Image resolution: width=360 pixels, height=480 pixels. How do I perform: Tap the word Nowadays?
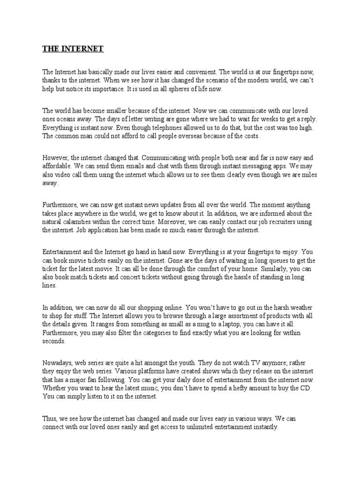(x=59, y=354)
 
